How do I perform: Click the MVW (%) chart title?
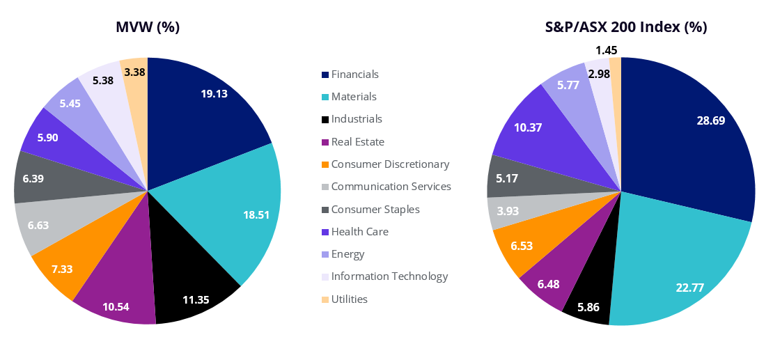coord(148,28)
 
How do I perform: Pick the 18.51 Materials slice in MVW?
coord(237,209)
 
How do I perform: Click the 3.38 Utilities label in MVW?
coord(134,71)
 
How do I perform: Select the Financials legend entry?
coord(354,75)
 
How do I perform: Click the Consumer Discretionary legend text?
coord(390,164)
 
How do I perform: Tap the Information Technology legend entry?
coord(389,276)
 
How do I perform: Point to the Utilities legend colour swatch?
coord(325,299)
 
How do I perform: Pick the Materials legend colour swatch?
coord(325,97)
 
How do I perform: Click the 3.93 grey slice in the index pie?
coord(504,212)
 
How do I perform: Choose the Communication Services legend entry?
coord(391,187)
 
